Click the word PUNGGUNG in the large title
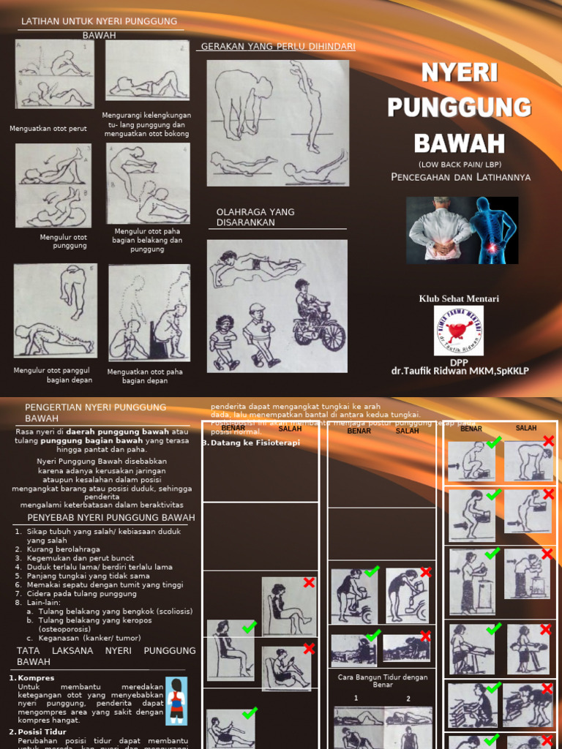[459, 107]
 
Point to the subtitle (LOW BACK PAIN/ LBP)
[460, 164]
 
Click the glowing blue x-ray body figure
[492, 229]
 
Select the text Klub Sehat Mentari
[458, 298]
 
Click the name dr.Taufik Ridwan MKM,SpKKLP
[460, 371]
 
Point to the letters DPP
[459, 361]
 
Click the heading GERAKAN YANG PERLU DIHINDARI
[278, 47]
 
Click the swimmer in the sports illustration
[252, 266]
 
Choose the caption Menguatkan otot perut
[48, 129]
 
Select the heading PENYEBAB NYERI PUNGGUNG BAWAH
[105, 518]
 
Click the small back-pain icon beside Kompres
[176, 701]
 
